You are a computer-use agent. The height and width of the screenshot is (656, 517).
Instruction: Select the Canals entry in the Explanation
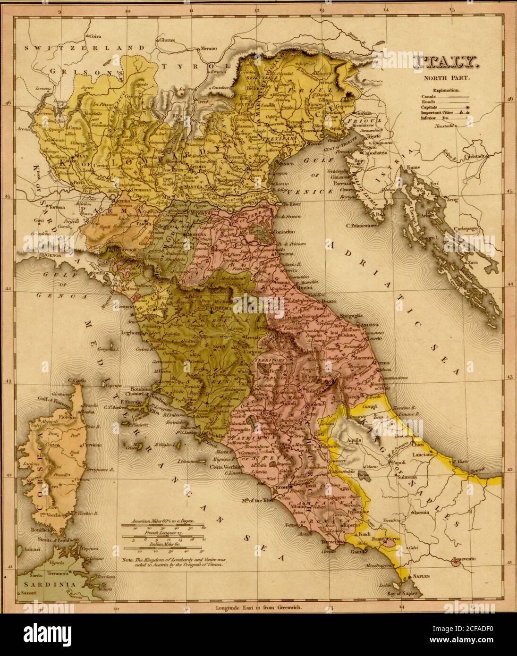pos(429,96)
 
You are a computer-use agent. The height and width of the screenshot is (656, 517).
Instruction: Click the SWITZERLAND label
pos(85,48)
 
